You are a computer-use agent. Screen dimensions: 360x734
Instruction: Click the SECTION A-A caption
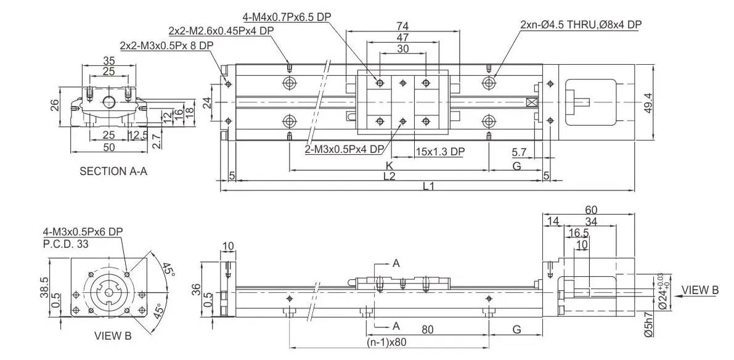click(x=113, y=171)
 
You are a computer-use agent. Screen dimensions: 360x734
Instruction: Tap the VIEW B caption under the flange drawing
click(x=113, y=336)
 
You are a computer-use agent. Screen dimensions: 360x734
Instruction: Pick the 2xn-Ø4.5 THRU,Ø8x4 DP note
click(x=581, y=25)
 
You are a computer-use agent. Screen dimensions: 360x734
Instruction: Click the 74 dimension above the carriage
click(x=402, y=26)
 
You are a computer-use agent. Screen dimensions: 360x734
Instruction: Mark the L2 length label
click(x=389, y=176)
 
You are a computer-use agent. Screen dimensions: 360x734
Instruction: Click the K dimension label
click(x=389, y=166)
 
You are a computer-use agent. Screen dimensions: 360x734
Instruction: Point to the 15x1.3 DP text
click(x=439, y=152)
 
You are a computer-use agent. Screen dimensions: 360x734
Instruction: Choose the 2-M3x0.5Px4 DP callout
click(x=345, y=149)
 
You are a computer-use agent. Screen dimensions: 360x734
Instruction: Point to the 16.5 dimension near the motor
click(x=577, y=233)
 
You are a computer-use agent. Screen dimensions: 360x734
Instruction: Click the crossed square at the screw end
click(x=532, y=102)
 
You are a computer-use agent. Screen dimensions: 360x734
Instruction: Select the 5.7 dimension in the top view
click(x=519, y=152)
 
